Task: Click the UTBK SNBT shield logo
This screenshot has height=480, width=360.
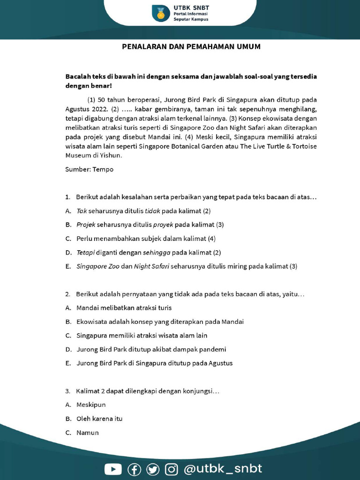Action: pos(161,13)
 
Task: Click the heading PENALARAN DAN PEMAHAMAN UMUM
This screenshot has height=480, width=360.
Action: pos(191,46)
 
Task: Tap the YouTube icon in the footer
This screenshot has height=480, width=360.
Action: pos(113,469)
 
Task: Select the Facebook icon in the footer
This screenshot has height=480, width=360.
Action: pos(134,469)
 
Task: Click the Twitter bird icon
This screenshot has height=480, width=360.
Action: pos(153,469)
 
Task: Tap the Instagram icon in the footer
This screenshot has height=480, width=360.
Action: pos(172,469)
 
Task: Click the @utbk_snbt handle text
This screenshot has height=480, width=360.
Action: pos(223,469)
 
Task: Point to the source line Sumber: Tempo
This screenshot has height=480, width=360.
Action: pos(89,169)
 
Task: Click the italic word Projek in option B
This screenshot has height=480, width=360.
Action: pos(86,225)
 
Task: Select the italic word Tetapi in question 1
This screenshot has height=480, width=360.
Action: pos(86,252)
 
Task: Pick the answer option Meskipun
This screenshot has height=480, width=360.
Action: pos(91,405)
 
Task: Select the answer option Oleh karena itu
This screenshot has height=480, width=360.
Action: pos(99,419)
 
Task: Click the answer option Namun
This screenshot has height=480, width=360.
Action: pos(88,433)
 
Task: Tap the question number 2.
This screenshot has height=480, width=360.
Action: pos(67,294)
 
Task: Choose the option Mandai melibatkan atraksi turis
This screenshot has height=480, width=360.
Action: pos(124,308)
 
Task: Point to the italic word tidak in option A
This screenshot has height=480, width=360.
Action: pos(153,210)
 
